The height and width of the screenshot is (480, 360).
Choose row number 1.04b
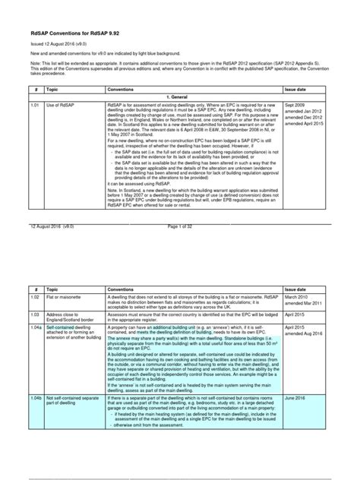[36, 397]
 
